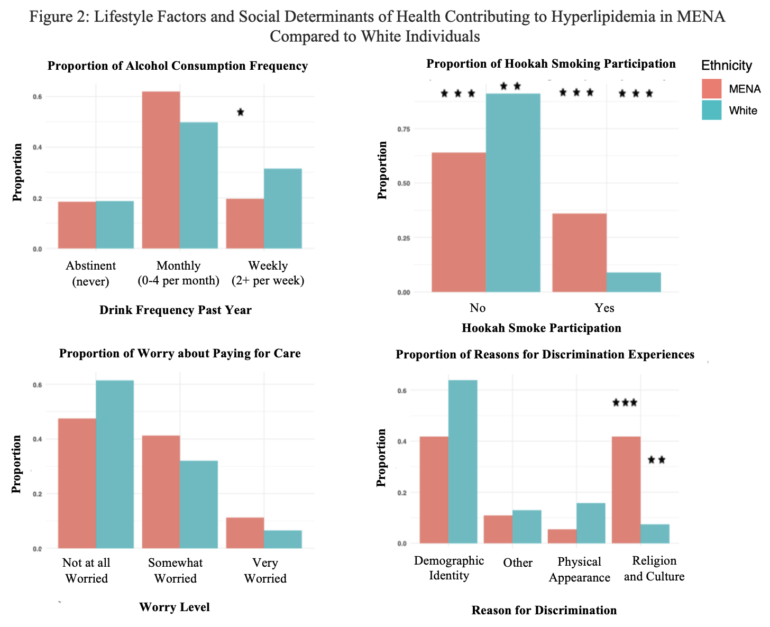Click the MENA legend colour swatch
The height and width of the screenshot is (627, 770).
[x=712, y=89]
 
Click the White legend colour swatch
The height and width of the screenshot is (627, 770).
[x=712, y=110]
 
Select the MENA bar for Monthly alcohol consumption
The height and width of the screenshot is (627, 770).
[x=161, y=170]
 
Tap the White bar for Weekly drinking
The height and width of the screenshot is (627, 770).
[x=283, y=208]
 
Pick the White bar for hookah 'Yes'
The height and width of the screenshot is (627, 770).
[x=634, y=282]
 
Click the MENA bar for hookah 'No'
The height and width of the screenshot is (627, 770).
[x=459, y=222]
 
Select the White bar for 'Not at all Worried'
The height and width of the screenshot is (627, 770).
[x=115, y=464]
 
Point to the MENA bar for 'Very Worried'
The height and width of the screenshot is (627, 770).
[x=245, y=532]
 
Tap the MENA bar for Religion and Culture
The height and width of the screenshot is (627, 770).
[x=626, y=490]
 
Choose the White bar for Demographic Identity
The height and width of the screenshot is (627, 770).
[x=463, y=461]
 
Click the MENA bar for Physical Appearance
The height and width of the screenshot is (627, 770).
[x=562, y=536]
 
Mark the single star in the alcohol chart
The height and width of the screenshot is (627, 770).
[x=241, y=112]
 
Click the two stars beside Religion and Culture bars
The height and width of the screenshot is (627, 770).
[x=656, y=460]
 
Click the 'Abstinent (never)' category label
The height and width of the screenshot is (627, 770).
[x=90, y=273]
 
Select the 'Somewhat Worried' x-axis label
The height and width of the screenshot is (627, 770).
[x=175, y=570]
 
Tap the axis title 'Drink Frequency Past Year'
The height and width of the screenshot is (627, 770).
[x=175, y=310]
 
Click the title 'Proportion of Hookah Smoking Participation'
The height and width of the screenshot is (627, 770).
[x=551, y=64]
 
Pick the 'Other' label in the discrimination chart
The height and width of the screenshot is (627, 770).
[x=518, y=563]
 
